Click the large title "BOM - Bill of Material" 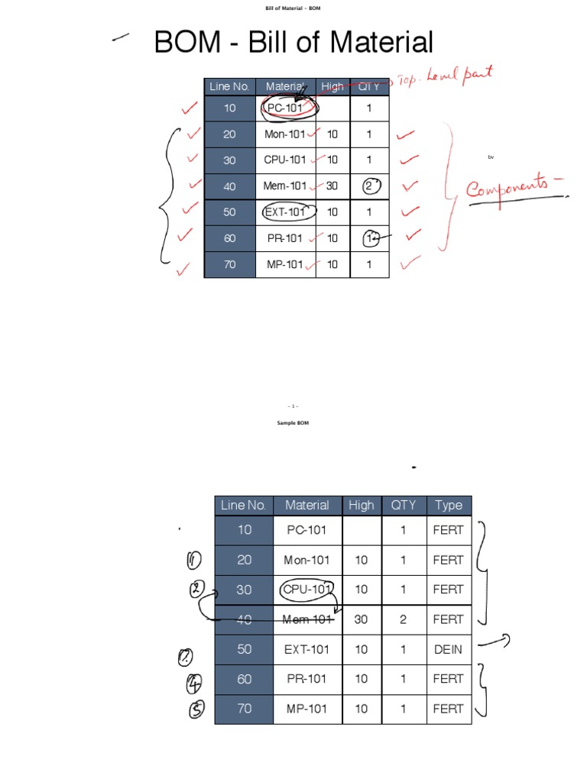293,42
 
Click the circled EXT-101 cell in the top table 285,212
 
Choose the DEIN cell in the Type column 448,649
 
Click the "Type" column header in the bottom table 449,505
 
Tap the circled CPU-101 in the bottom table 306,590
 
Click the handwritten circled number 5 196,709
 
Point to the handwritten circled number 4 196,680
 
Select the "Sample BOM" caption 293,422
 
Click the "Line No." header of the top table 229,86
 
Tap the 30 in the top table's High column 332,186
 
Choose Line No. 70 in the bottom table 244,709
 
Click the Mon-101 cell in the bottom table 306,560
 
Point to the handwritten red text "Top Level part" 451,76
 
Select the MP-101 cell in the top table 285,264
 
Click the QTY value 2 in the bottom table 403,619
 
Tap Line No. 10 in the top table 229,108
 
